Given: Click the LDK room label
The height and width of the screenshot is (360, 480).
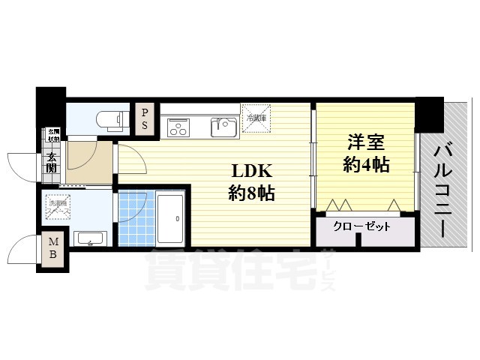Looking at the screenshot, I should (250, 170).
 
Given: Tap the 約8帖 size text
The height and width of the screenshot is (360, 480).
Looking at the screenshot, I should (250, 193).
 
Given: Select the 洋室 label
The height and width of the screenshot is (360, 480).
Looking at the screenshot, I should (366, 141).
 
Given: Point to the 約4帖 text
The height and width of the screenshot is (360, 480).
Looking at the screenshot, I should (366, 164).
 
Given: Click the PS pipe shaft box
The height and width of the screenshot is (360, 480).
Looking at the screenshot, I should (145, 119).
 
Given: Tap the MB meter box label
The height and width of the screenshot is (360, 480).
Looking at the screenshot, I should (54, 249).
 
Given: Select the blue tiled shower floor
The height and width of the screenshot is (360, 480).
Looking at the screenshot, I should (133, 218).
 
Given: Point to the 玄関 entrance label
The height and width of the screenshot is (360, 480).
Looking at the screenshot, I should (51, 163).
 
